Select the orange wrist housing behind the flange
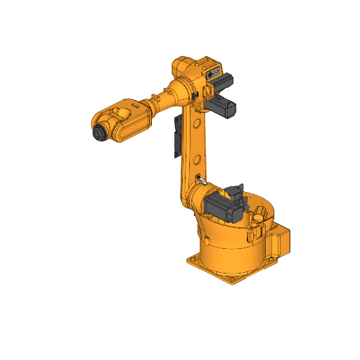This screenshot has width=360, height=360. coord(125,120)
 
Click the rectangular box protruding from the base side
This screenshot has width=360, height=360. coord(279,241)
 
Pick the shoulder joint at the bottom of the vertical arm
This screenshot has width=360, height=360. coord(195,197)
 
